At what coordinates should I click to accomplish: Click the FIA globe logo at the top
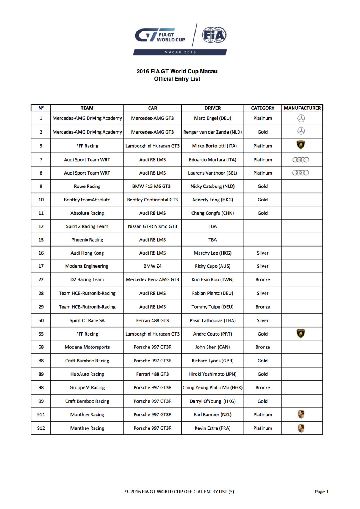[x=214, y=35]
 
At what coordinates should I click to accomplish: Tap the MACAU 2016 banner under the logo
[x=180, y=52]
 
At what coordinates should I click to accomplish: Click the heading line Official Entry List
[x=177, y=79]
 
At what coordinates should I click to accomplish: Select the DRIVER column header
[x=213, y=108]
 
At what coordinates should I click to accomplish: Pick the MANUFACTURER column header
[x=302, y=108]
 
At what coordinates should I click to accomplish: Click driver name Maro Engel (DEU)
[x=213, y=118]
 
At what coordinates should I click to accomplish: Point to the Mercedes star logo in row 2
[x=301, y=131]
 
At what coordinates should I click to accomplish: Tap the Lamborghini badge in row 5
[x=301, y=145]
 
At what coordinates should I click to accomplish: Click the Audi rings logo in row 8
[x=301, y=173]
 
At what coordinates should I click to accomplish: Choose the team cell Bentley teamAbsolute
[x=87, y=200]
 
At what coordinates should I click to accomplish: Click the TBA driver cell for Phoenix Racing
[x=213, y=240]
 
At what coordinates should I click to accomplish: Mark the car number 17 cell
[x=41, y=266]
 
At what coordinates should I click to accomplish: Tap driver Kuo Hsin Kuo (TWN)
[x=213, y=279]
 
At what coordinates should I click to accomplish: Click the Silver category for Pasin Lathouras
[x=263, y=320]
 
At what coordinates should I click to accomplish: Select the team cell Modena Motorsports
[x=87, y=347]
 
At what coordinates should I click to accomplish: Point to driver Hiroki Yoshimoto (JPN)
[x=213, y=374]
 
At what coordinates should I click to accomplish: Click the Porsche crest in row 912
[x=301, y=428]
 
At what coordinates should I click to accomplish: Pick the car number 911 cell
[x=41, y=415]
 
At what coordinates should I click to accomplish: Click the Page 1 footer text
[x=322, y=492]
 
